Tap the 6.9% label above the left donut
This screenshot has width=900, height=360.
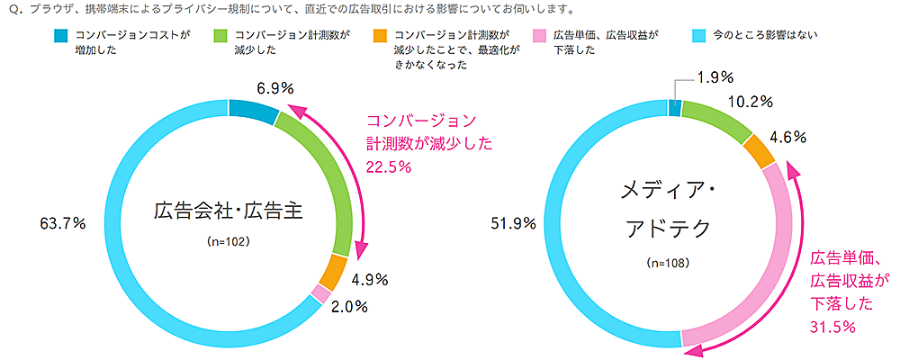276,89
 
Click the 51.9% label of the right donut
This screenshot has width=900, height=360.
516,222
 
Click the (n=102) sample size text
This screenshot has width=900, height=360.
228,242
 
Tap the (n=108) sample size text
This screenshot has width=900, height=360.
667,264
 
